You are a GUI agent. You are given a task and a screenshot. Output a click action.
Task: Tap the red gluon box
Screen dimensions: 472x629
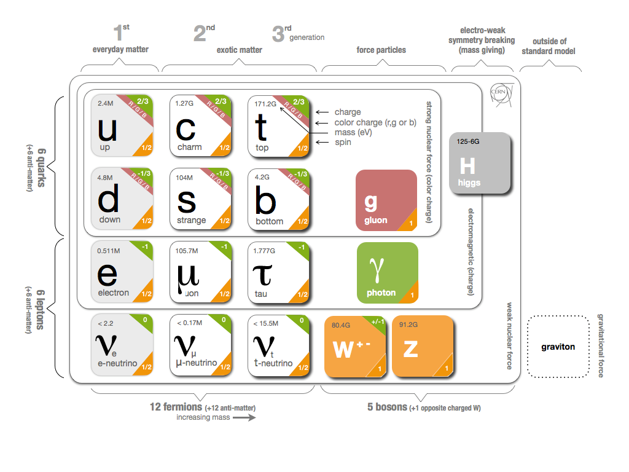point(386,201)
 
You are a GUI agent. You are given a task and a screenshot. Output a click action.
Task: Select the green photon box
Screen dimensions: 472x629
point(387,273)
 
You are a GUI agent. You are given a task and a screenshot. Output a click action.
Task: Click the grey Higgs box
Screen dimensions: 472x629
point(480,163)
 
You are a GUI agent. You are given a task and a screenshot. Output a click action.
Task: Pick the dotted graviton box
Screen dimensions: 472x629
point(558,347)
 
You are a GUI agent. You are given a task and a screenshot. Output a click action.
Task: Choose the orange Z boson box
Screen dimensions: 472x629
point(423,346)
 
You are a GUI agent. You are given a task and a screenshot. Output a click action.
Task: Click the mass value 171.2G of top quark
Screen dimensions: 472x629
point(265,104)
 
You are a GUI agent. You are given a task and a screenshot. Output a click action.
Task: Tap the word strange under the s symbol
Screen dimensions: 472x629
point(190,220)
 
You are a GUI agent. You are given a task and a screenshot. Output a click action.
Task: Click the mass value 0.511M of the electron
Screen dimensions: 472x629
point(109,251)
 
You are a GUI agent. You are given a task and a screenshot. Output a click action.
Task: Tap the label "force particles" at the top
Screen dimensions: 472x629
point(381,50)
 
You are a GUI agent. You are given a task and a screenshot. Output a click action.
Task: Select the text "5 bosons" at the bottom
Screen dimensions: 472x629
point(387,407)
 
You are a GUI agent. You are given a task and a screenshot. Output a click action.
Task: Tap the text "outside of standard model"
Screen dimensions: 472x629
point(549,46)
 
